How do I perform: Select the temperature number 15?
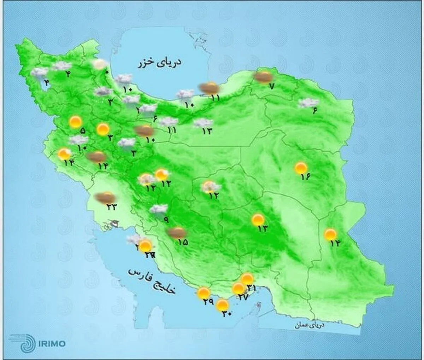click(x=183, y=242)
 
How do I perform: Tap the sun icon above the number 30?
click(x=222, y=304)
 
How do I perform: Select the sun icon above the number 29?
click(x=204, y=293)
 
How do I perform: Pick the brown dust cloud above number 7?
click(x=263, y=77)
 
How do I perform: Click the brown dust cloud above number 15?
click(x=177, y=232)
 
